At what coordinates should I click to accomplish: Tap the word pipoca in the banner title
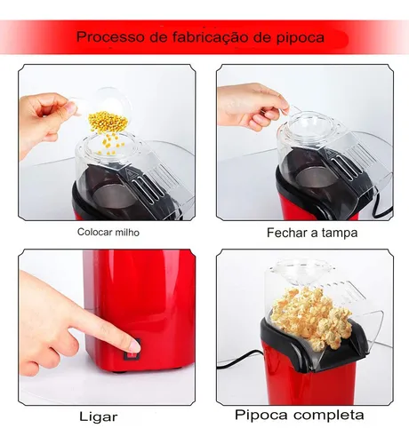[x=301, y=38]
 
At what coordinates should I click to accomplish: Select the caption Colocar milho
[x=108, y=232]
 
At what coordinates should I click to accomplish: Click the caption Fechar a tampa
[x=312, y=233]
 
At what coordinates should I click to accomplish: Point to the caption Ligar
[x=99, y=416]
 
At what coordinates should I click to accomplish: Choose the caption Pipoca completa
[x=300, y=415]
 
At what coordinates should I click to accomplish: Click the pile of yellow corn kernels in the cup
[x=108, y=122]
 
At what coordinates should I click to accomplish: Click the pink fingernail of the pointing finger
[x=135, y=345]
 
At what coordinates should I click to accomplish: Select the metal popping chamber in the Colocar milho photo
[x=114, y=194]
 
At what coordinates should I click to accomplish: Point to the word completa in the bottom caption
[x=326, y=415]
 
